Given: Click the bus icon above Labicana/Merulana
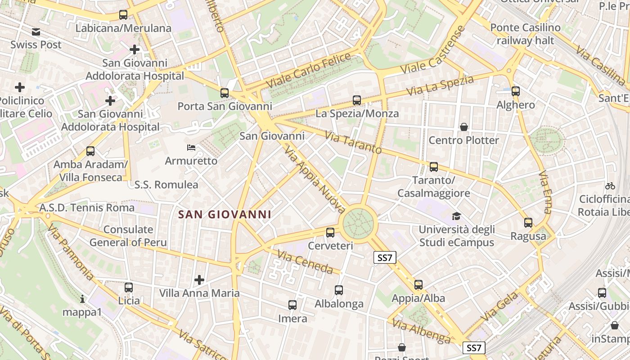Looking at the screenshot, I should tap(123, 15).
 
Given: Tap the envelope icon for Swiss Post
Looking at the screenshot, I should tap(36, 32).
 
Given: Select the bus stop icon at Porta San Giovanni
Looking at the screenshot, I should tap(224, 93).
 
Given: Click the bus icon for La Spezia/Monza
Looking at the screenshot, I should tap(357, 100).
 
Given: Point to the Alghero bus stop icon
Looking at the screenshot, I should tap(516, 91).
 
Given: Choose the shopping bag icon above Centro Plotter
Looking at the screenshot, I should tap(464, 127).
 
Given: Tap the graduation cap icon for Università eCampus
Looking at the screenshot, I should tap(456, 216).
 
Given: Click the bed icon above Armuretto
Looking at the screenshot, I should tap(191, 148).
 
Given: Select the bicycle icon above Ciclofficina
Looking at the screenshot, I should tap(610, 186).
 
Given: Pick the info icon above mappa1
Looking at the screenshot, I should tap(82, 299).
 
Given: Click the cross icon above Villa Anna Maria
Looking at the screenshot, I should tap(199, 280).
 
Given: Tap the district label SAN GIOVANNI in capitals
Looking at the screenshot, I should tap(225, 215).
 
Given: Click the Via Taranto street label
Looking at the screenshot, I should tap(353, 143).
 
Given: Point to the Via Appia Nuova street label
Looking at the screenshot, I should tap(315, 180).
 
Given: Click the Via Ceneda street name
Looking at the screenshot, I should tap(305, 262).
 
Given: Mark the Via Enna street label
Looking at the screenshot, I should tap(544, 191).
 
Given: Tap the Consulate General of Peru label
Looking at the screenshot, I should tap(128, 236).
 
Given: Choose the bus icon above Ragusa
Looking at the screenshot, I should tap(528, 223).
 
